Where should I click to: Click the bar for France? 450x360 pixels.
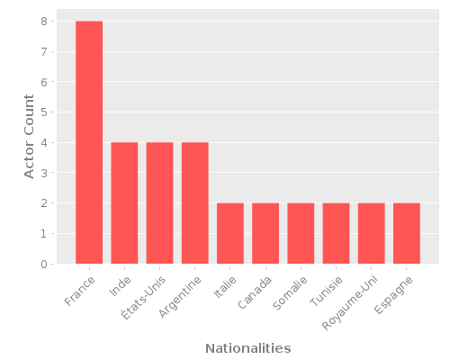[89, 142]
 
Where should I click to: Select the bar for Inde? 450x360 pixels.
[124, 202]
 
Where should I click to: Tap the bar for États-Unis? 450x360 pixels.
[159, 202]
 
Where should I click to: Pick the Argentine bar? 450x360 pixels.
[194, 202]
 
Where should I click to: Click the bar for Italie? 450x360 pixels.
[229, 233]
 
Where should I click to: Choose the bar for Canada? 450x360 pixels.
[265, 233]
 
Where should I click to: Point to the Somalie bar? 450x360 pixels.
[301, 233]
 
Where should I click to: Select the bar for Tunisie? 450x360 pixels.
[336, 233]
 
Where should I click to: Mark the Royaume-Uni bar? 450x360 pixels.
[371, 233]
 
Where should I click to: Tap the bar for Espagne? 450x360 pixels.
[406, 233]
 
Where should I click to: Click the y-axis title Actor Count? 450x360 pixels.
[29, 142]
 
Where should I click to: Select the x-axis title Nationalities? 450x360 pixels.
[247, 348]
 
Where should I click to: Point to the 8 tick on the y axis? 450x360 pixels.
[43, 21]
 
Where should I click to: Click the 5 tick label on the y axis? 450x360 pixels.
[43, 112]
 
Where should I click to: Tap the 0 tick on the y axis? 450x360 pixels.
[43, 265]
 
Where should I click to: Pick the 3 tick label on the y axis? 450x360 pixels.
[43, 173]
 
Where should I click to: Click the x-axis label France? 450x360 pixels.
[80, 287]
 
